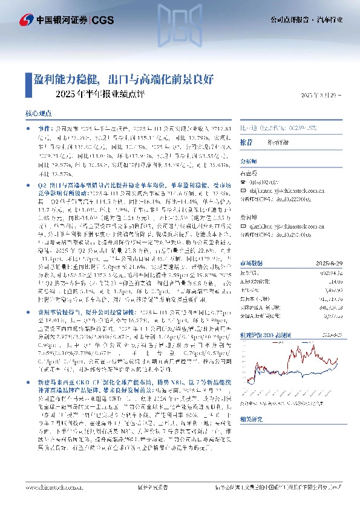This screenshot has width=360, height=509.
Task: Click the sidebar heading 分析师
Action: coord(249,162)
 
